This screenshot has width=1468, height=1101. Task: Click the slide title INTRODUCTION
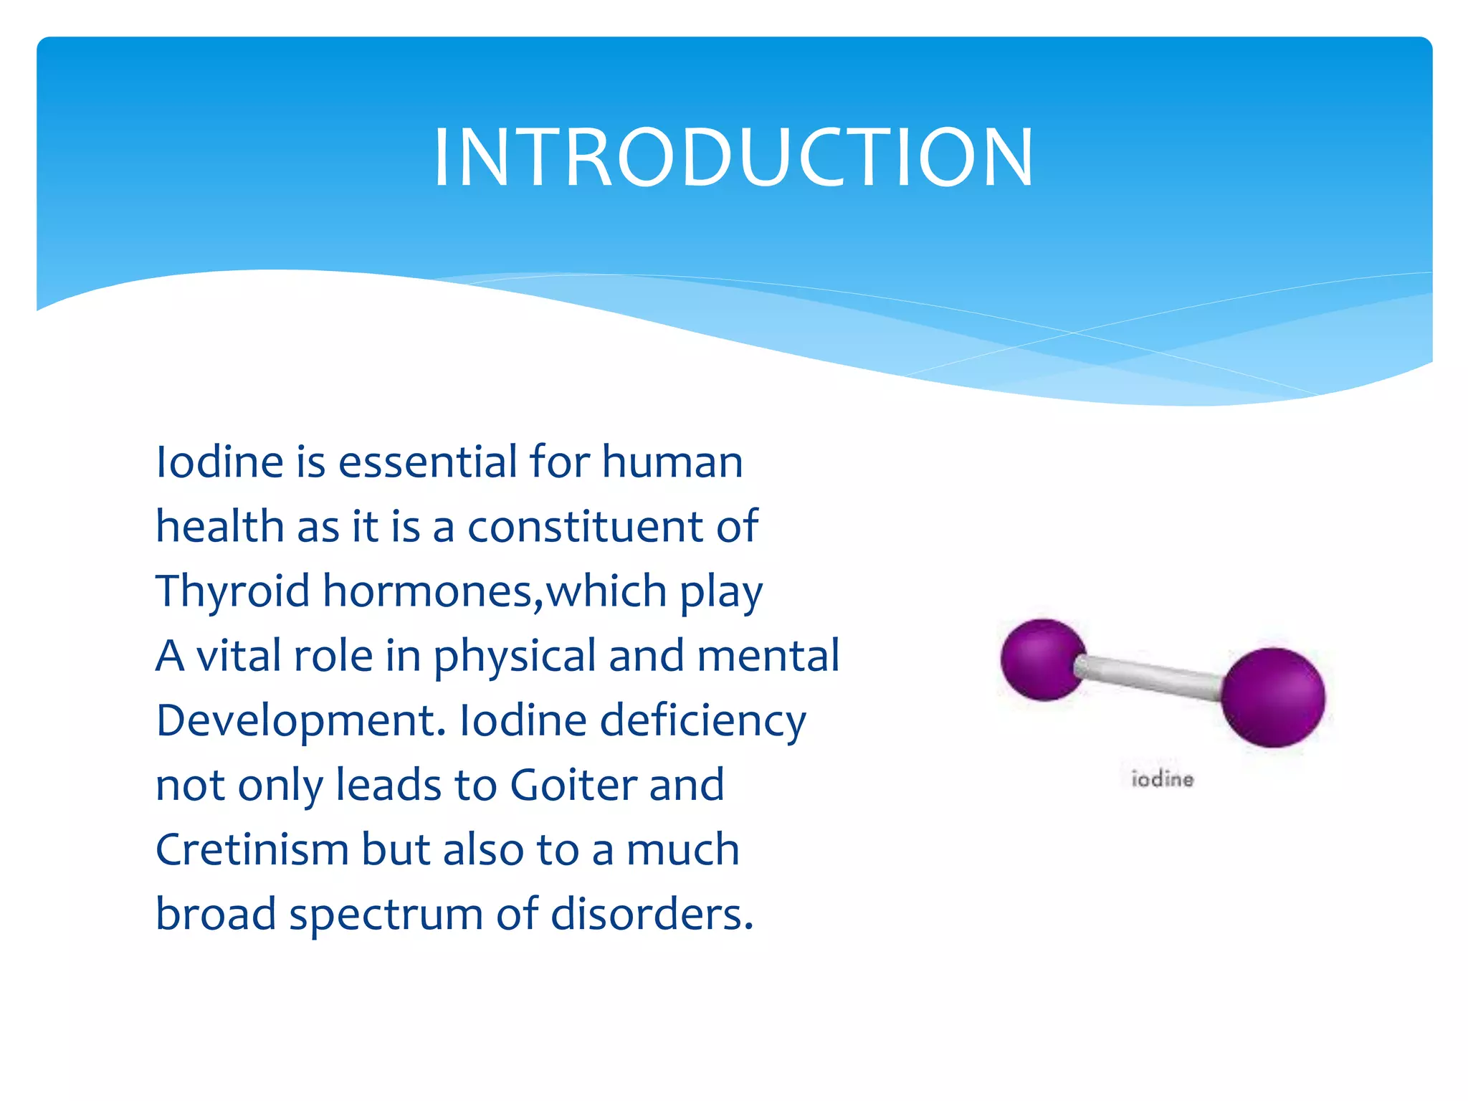pos(733,158)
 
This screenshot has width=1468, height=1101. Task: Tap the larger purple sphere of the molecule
pos(1273,697)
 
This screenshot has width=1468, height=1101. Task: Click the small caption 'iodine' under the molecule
pos(1162,779)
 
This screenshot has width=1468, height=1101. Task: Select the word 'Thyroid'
pos(232,592)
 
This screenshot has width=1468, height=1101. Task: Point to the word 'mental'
pos(768,655)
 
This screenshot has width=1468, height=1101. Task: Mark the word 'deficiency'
pos(702,721)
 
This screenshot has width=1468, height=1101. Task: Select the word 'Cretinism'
pos(252,850)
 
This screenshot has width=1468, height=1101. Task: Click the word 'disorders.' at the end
pos(652,915)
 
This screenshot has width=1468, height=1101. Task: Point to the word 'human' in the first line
pos(672,462)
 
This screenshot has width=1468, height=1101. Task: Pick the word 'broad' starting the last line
pos(216,915)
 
